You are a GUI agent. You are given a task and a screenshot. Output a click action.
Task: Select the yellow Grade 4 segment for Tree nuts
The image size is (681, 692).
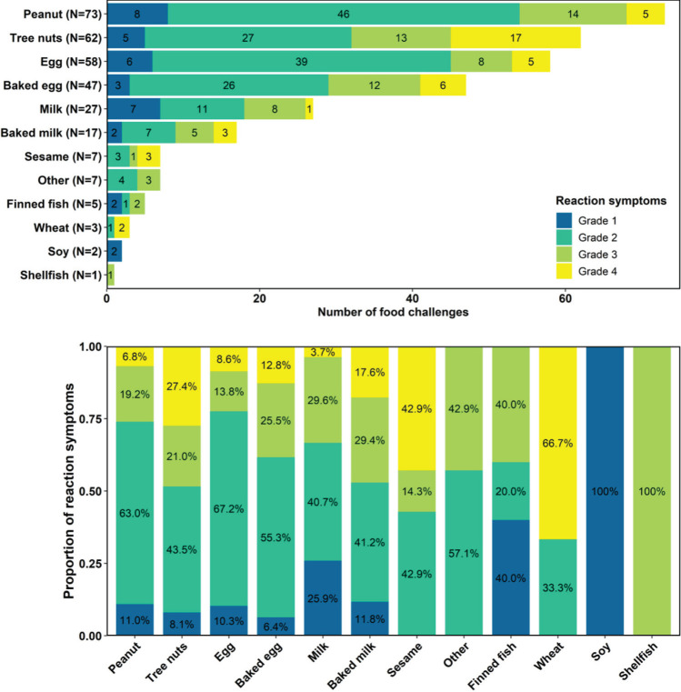coord(515,38)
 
